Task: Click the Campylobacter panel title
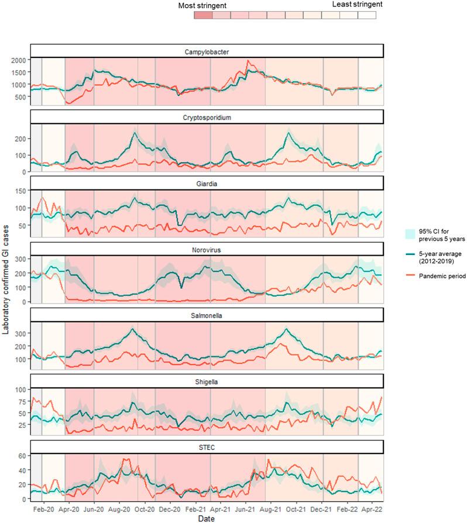(x=207, y=51)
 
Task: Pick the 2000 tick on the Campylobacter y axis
(x=18, y=60)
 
